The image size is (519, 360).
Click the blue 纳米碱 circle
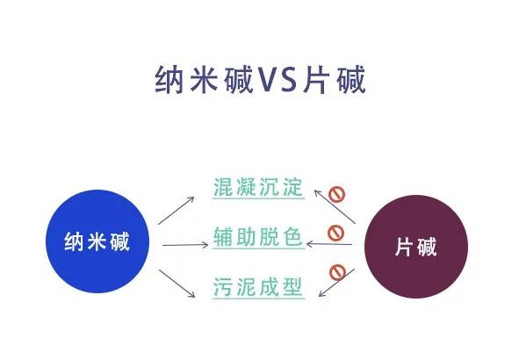tap(97, 241)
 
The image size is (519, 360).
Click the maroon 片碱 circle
tap(416, 247)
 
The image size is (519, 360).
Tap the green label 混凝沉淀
tap(258, 187)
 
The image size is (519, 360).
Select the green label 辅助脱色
tap(258, 237)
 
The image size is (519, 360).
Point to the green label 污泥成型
tap(258, 286)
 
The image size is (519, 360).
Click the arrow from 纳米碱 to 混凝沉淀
tap(177, 211)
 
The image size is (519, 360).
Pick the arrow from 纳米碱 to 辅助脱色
tap(185, 245)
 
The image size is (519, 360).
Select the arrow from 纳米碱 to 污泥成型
tap(177, 284)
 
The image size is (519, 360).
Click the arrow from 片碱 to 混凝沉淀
tap(335, 206)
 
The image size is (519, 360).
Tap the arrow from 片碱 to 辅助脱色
tap(329, 244)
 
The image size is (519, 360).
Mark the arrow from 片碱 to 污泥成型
tap(336, 283)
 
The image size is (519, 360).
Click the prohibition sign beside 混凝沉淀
tap(336, 194)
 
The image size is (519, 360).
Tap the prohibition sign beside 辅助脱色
tap(335, 233)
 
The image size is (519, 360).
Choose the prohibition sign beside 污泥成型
tap(337, 272)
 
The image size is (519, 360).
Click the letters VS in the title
tap(277, 79)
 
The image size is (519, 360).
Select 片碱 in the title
tap(334, 79)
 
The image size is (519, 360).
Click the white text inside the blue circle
tap(97, 241)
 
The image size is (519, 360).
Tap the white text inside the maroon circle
tap(415, 247)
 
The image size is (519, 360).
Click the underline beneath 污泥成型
tap(258, 299)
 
